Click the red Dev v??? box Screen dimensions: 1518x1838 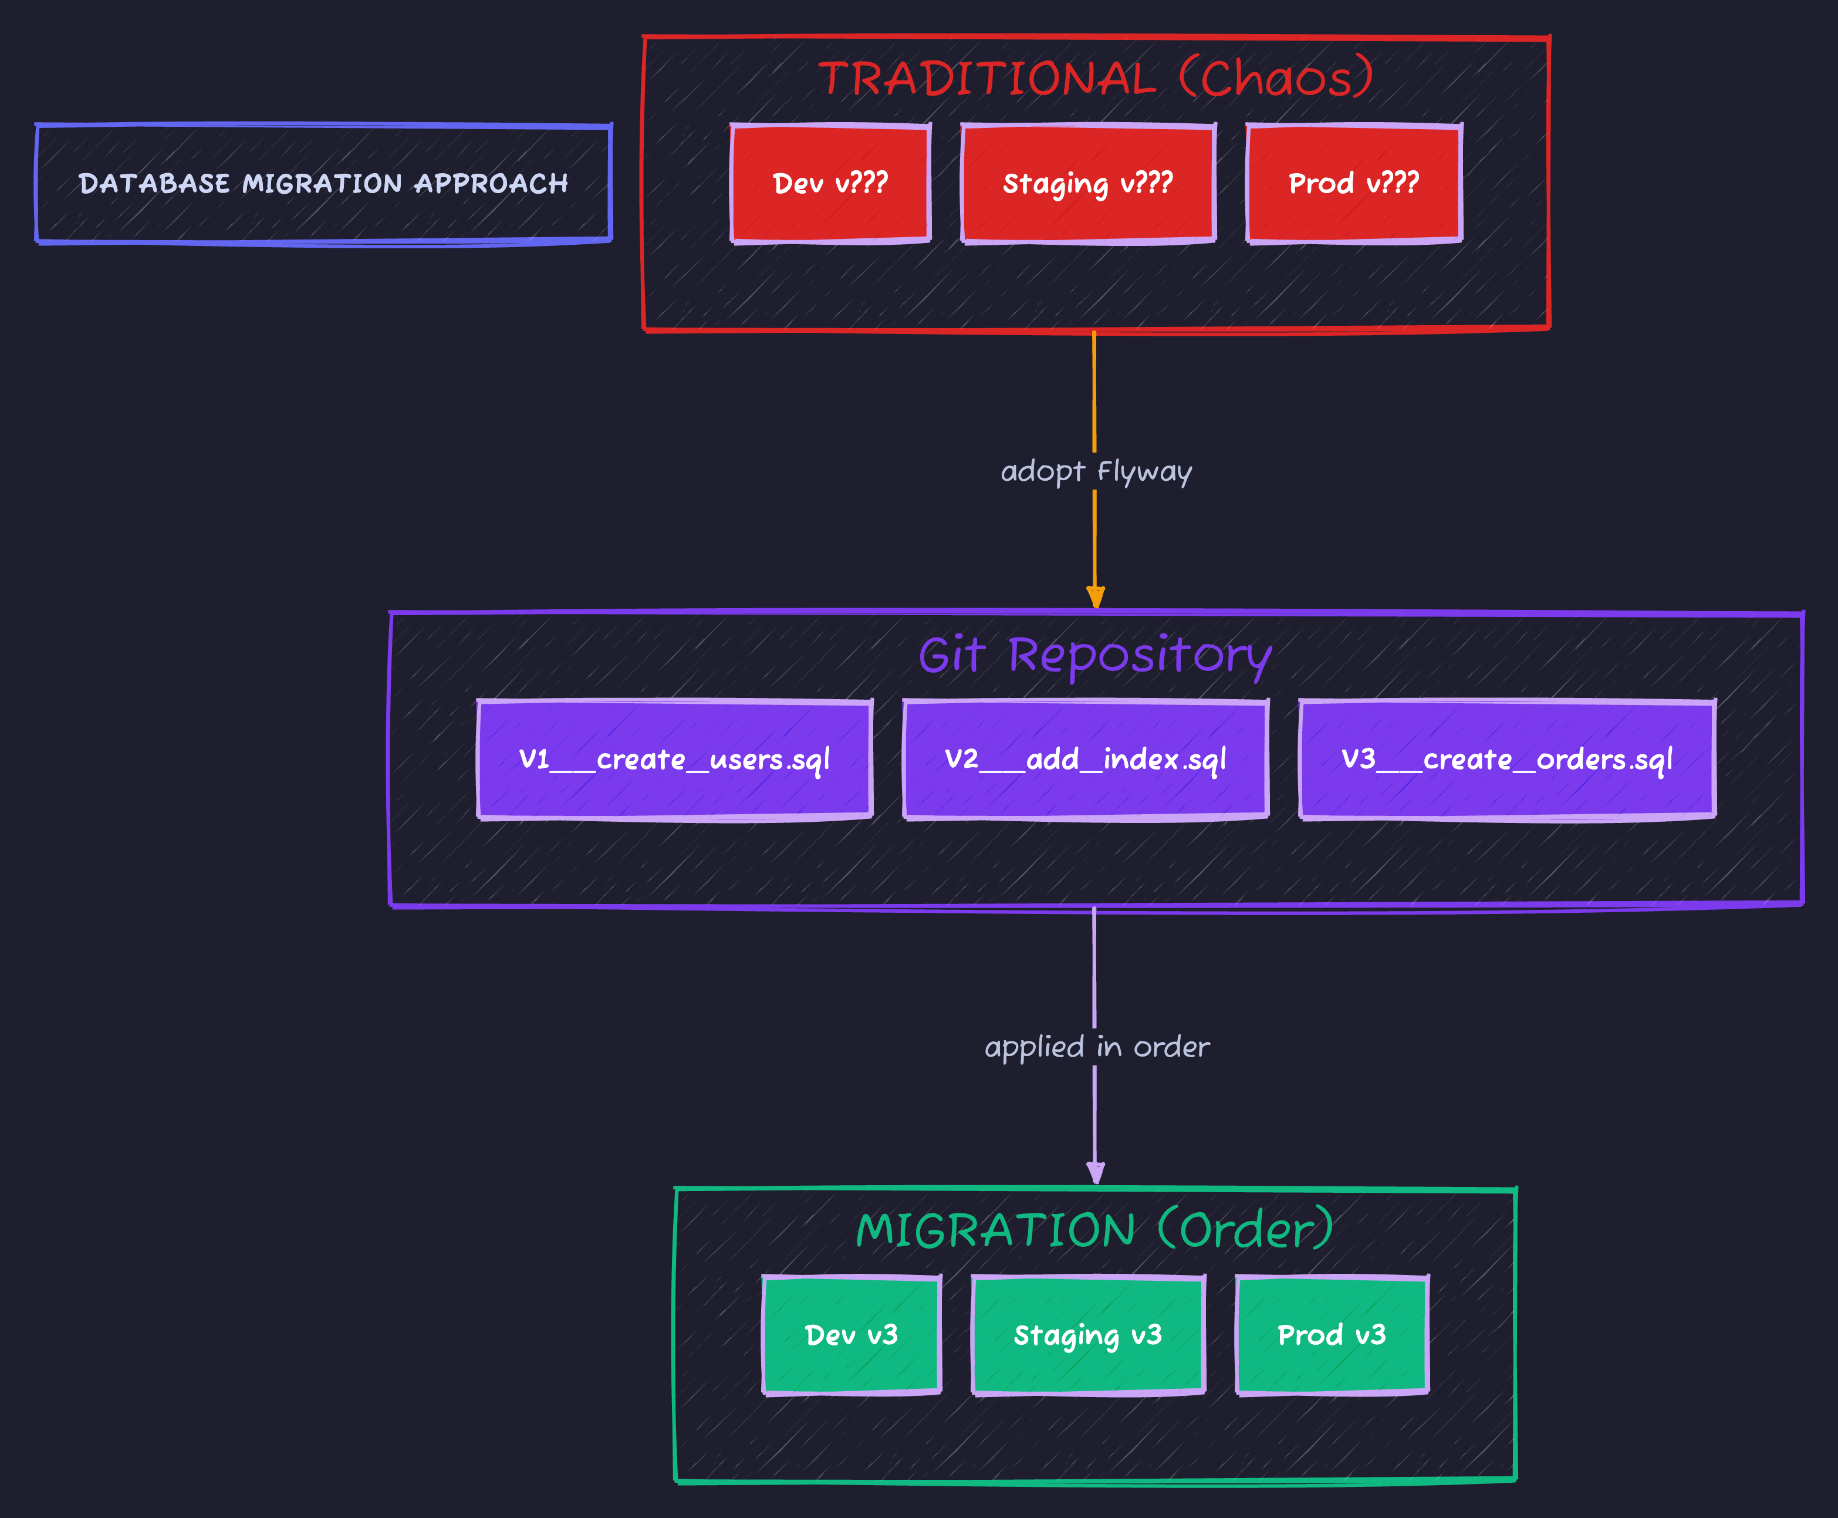tap(830, 184)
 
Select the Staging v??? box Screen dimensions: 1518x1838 tap(1088, 184)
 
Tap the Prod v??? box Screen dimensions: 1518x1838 tap(1354, 184)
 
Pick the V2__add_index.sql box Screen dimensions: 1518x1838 tap(1086, 759)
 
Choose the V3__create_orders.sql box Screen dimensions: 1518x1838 tap(1507, 759)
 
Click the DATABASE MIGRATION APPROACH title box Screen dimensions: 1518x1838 tap(323, 184)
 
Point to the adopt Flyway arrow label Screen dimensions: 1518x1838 tap(1096, 471)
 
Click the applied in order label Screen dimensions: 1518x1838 tap(1097, 1047)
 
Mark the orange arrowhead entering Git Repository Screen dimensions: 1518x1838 tap(1095, 598)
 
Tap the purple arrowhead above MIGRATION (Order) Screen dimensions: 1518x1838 tap(1095, 1173)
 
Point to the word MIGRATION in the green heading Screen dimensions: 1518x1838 tap(995, 1230)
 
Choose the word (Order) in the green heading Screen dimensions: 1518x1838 tap(1245, 1230)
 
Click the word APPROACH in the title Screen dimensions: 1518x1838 tap(491, 184)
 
